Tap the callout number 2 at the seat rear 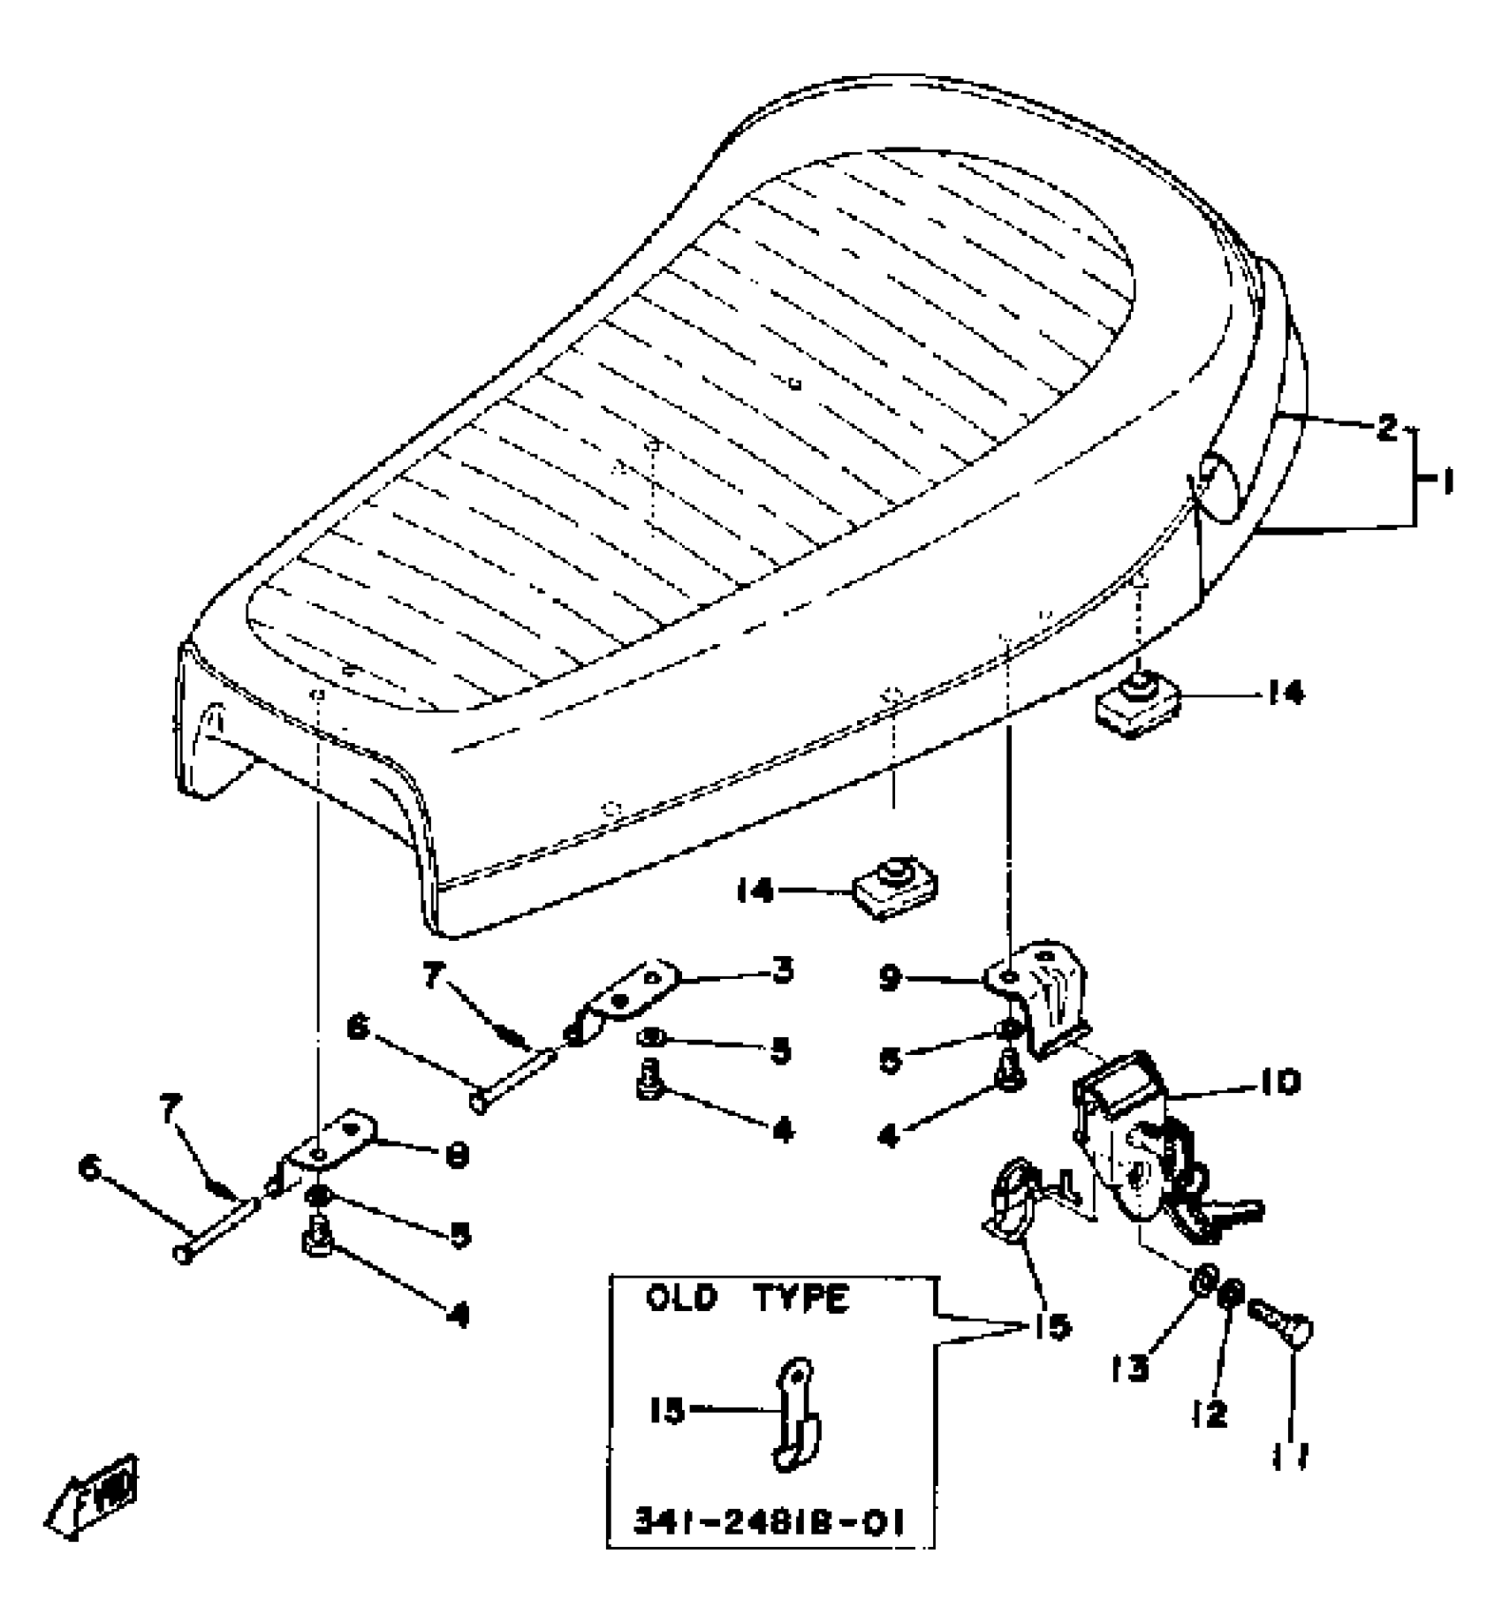1387,429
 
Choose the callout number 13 1130,1369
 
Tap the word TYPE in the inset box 800,1300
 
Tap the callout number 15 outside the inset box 1048,1326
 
